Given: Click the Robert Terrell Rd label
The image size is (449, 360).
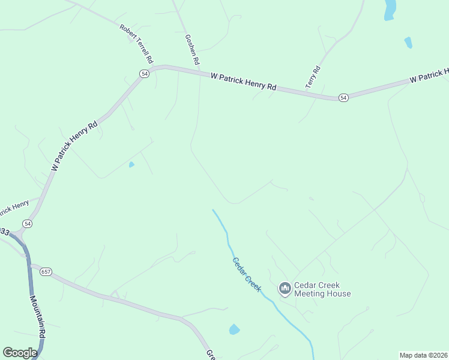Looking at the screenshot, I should [x=137, y=44].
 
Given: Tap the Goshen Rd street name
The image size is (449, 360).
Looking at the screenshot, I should [x=192, y=50].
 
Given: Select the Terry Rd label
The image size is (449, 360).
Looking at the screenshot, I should [x=313, y=77].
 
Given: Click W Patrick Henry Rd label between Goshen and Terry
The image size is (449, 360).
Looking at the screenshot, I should [x=243, y=82].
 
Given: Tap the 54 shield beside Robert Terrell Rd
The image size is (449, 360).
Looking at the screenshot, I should [x=144, y=73].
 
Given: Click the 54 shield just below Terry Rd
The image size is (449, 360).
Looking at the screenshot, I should [x=343, y=97].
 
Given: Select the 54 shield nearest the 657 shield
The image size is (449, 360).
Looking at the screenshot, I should [x=28, y=223].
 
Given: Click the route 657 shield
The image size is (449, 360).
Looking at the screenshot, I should [x=47, y=271].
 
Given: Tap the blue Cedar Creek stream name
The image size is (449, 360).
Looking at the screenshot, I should [x=247, y=275].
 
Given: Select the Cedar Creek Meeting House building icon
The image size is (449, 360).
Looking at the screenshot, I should [x=285, y=289].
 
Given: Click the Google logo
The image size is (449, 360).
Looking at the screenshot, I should [x=20, y=353].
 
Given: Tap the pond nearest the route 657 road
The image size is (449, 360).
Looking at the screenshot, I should [x=234, y=329].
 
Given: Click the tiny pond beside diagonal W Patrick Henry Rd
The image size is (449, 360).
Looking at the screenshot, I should [x=131, y=164].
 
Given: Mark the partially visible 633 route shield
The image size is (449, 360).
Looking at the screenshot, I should [x=5, y=231].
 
